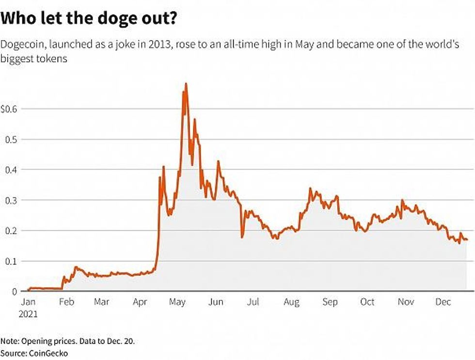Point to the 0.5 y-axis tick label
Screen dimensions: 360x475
11,139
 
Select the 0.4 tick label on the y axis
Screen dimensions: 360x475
11,170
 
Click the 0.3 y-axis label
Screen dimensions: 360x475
11,200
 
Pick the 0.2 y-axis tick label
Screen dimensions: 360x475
11,230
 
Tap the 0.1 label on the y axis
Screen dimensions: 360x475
11,261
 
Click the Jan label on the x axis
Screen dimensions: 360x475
29,302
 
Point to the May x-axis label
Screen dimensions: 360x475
177,302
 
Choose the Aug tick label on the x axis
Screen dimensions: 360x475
292,302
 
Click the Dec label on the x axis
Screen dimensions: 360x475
443,302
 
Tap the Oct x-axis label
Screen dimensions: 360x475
367,302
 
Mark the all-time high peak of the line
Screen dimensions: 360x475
186,84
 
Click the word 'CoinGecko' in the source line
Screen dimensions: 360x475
47,353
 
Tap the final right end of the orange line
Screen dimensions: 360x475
467,240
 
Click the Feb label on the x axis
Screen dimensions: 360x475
66,302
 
